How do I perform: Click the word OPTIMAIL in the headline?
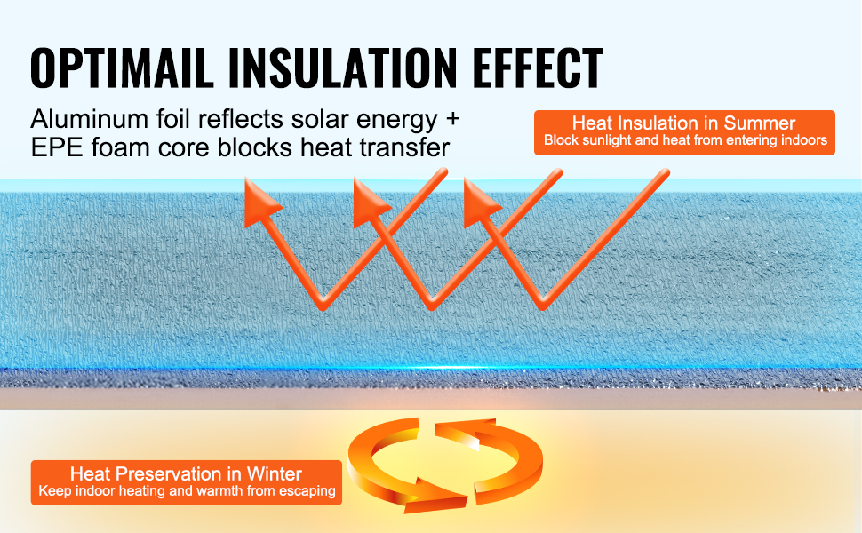click(x=122, y=68)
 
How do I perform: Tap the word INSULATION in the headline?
click(x=342, y=68)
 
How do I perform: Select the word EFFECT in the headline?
click(x=537, y=68)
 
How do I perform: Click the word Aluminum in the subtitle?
click(x=90, y=119)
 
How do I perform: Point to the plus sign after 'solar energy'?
click(x=452, y=119)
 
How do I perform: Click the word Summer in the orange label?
click(x=760, y=123)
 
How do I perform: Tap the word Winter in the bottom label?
click(x=275, y=473)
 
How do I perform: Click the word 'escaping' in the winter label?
click(x=309, y=491)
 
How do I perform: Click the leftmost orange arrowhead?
click(x=260, y=203)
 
